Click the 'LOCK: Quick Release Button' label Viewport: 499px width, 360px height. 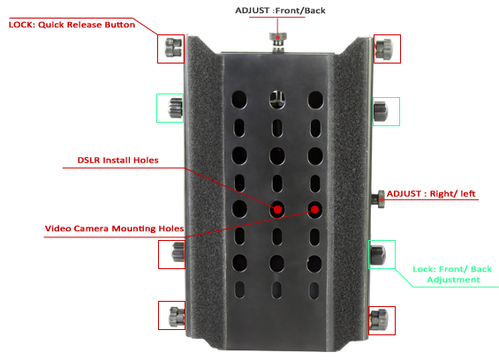point(72,25)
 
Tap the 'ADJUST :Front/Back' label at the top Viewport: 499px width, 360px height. point(280,11)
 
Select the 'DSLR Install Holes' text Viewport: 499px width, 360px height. point(117,160)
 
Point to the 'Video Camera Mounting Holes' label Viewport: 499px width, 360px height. point(114,229)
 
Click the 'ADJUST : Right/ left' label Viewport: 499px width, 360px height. point(431,193)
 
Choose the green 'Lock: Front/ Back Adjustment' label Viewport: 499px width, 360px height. point(452,274)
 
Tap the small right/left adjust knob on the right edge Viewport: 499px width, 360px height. point(379,199)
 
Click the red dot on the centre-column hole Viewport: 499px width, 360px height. point(277,210)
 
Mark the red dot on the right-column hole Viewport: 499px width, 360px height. point(314,209)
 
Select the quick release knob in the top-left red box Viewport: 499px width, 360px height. point(173,48)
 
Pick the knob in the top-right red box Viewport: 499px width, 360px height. point(384,49)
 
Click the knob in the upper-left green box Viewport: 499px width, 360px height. point(176,108)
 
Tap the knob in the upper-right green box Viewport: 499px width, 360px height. point(381,111)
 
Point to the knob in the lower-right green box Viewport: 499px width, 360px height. point(378,255)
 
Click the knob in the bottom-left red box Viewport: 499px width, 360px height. point(177,316)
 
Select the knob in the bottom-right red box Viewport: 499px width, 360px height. point(379,319)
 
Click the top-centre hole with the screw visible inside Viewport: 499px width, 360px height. point(277,100)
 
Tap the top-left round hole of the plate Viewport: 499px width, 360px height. point(239,100)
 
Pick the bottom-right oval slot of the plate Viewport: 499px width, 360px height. point(314,290)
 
